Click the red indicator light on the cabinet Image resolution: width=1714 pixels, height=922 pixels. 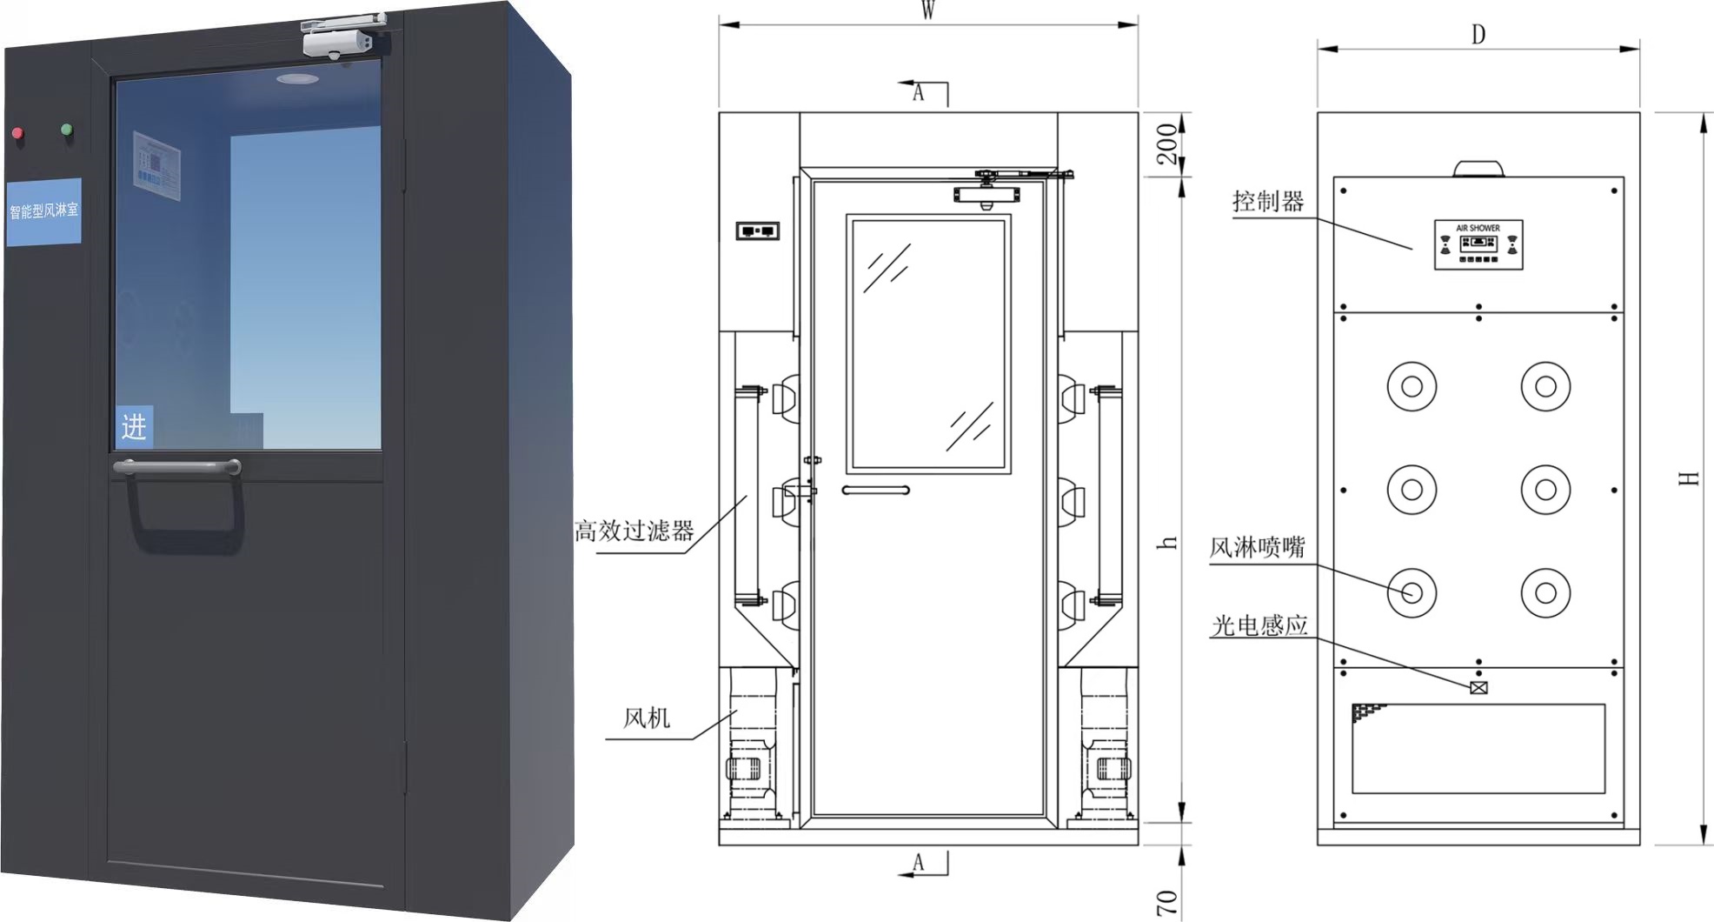tap(17, 133)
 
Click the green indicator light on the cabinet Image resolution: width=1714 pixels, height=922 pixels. tap(67, 130)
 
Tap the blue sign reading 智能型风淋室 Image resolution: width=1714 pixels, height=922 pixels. tap(43, 210)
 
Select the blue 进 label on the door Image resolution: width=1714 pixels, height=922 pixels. tap(134, 426)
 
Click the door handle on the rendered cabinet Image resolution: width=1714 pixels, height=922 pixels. tap(177, 468)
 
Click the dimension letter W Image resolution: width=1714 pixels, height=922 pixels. tap(928, 10)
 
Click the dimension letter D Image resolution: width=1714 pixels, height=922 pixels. tap(1478, 35)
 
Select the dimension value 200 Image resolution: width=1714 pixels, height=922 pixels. tap(1167, 144)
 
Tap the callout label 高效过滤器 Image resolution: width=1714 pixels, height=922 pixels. tap(634, 531)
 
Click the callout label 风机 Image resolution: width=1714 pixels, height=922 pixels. tap(647, 718)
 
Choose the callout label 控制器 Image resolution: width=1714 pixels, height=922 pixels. tap(1268, 202)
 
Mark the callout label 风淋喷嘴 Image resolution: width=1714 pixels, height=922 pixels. tap(1257, 547)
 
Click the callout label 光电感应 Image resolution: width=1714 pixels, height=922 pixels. tap(1259, 625)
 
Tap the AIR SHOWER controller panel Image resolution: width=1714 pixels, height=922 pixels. tap(1478, 244)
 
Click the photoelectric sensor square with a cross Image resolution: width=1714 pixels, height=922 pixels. tap(1478, 688)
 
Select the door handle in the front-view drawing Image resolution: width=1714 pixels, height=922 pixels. tap(875, 491)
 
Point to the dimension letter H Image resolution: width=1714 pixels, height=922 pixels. tap(1688, 478)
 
